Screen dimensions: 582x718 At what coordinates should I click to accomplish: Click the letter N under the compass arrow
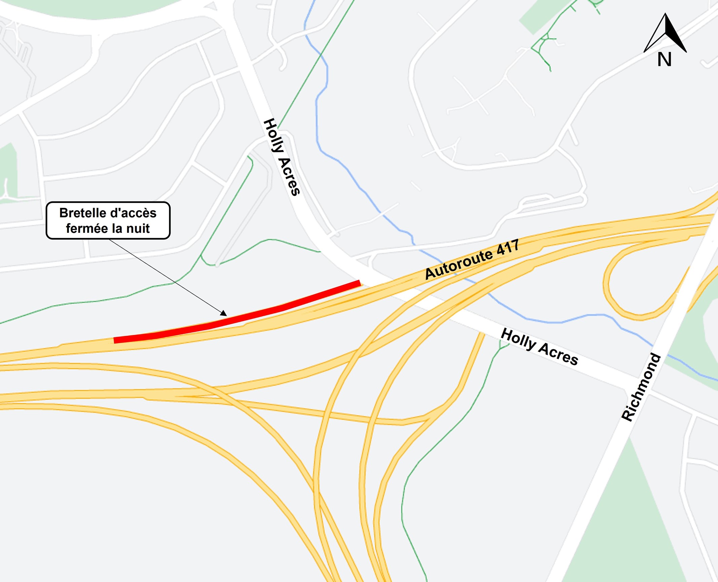point(664,60)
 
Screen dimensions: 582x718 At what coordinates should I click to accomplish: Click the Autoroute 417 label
point(472,259)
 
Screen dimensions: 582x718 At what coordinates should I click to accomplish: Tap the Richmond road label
point(641,387)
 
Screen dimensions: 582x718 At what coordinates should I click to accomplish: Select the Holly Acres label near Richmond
point(539,347)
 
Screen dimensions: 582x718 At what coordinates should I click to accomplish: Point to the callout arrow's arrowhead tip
point(226,316)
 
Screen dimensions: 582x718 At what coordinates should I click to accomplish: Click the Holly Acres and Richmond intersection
point(637,387)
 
